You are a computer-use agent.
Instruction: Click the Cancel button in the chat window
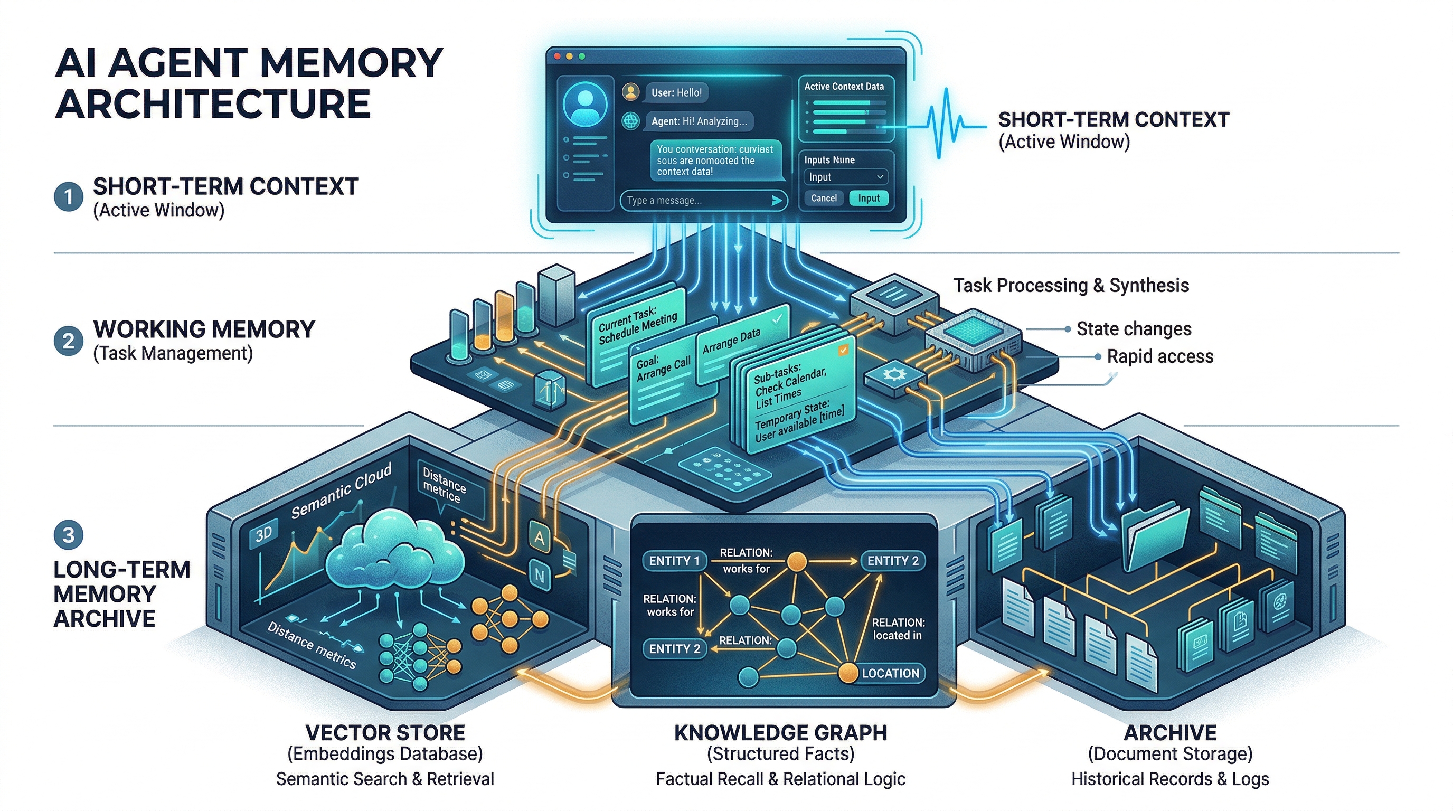(x=824, y=199)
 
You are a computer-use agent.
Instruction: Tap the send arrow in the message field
(x=777, y=200)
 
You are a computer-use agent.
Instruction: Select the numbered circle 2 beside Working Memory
(x=68, y=341)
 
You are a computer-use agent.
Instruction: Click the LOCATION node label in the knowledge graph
(x=890, y=673)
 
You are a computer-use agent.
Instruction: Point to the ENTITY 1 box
(x=674, y=561)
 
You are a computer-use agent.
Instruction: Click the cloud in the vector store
(x=395, y=553)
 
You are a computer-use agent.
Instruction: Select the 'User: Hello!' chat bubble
(x=676, y=92)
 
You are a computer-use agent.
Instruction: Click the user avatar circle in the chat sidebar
(x=586, y=105)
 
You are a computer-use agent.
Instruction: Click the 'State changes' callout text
(x=1134, y=329)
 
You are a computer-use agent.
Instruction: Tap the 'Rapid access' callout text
(x=1159, y=356)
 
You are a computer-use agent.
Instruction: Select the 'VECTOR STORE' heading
(x=385, y=733)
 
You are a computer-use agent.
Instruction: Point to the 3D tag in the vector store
(x=263, y=533)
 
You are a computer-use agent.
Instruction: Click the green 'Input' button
(x=869, y=199)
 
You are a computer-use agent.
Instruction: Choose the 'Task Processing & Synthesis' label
(x=1071, y=285)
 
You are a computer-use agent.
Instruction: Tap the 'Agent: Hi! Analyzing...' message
(x=699, y=121)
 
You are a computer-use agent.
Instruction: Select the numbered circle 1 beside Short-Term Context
(x=68, y=197)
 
